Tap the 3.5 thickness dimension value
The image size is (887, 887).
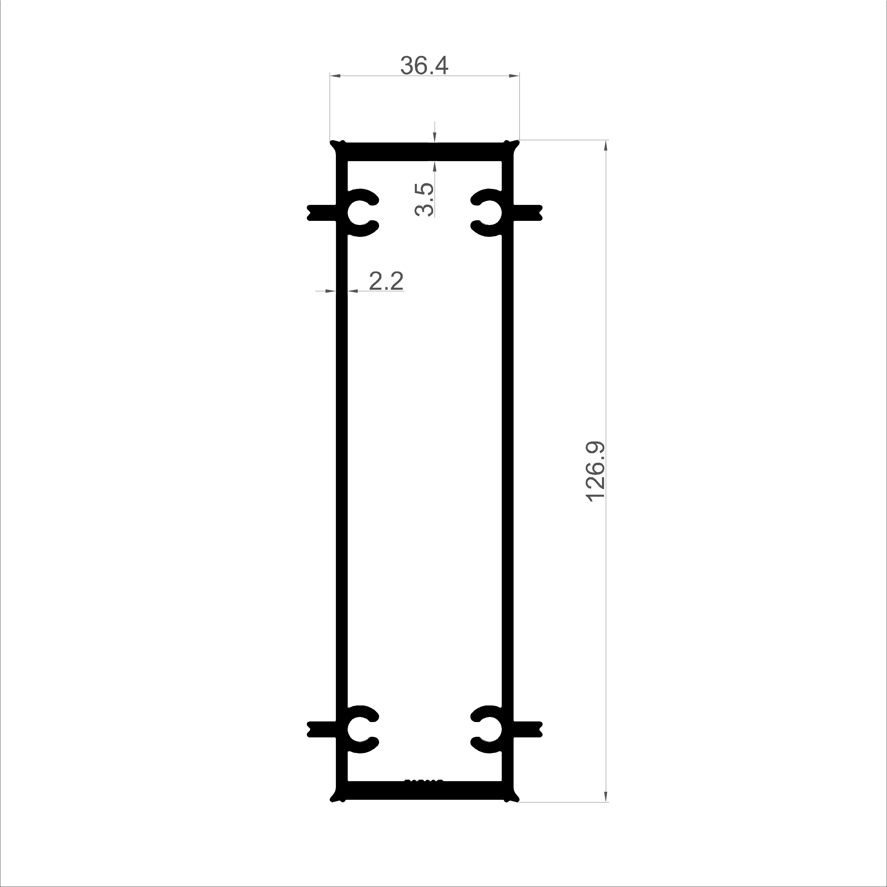(423, 199)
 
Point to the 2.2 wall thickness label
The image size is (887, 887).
(386, 281)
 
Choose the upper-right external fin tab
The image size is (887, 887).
(528, 213)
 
